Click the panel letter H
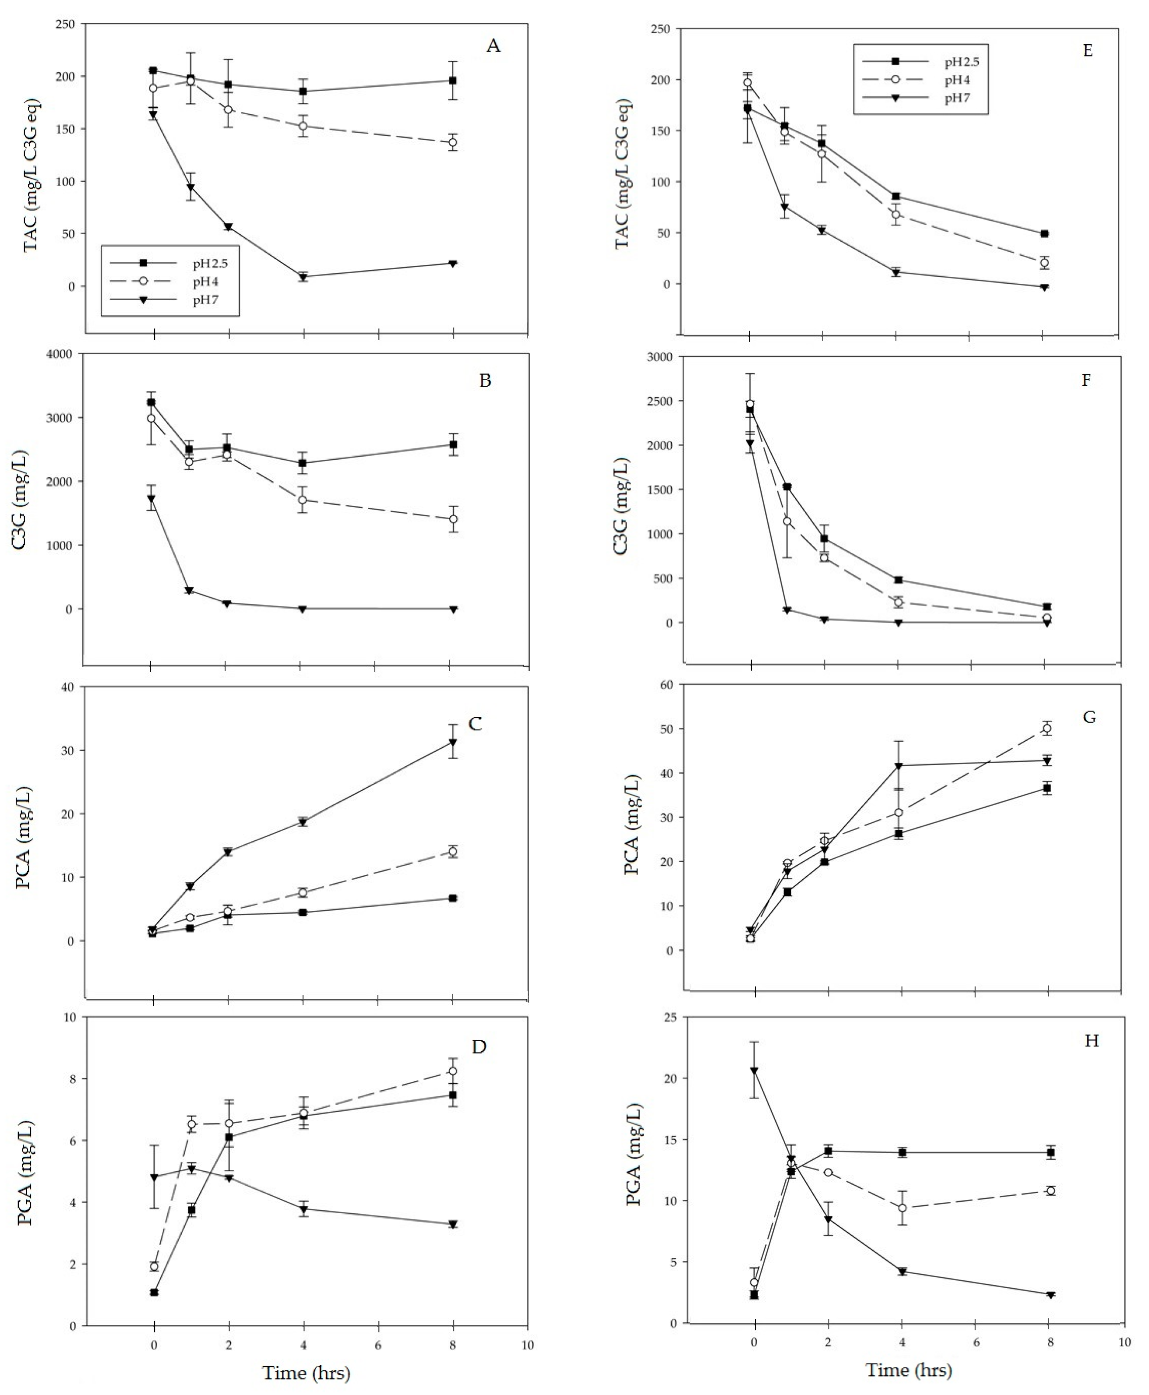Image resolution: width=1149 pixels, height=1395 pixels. pyautogui.click(x=1091, y=1041)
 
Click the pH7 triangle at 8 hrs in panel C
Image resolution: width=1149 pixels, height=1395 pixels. pyautogui.click(x=453, y=742)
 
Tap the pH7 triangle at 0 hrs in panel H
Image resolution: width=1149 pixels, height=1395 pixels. pyautogui.click(x=754, y=1070)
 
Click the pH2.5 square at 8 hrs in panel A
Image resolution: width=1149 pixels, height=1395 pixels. pyautogui.click(x=453, y=81)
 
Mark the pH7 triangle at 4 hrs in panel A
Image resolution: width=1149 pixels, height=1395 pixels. pyautogui.click(x=303, y=277)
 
